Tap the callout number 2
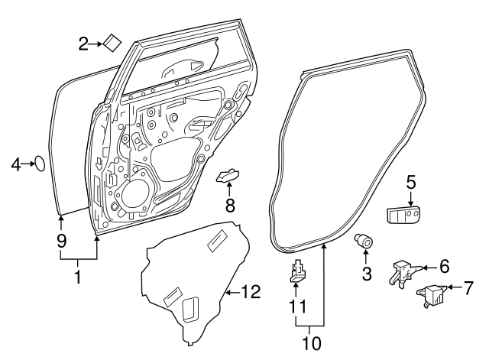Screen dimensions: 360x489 (83, 44)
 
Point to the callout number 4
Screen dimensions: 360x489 (15, 163)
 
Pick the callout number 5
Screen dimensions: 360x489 (410, 182)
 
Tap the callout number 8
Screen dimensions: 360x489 (228, 204)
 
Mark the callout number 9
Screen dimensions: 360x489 (60, 241)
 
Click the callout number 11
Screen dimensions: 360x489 (298, 306)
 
